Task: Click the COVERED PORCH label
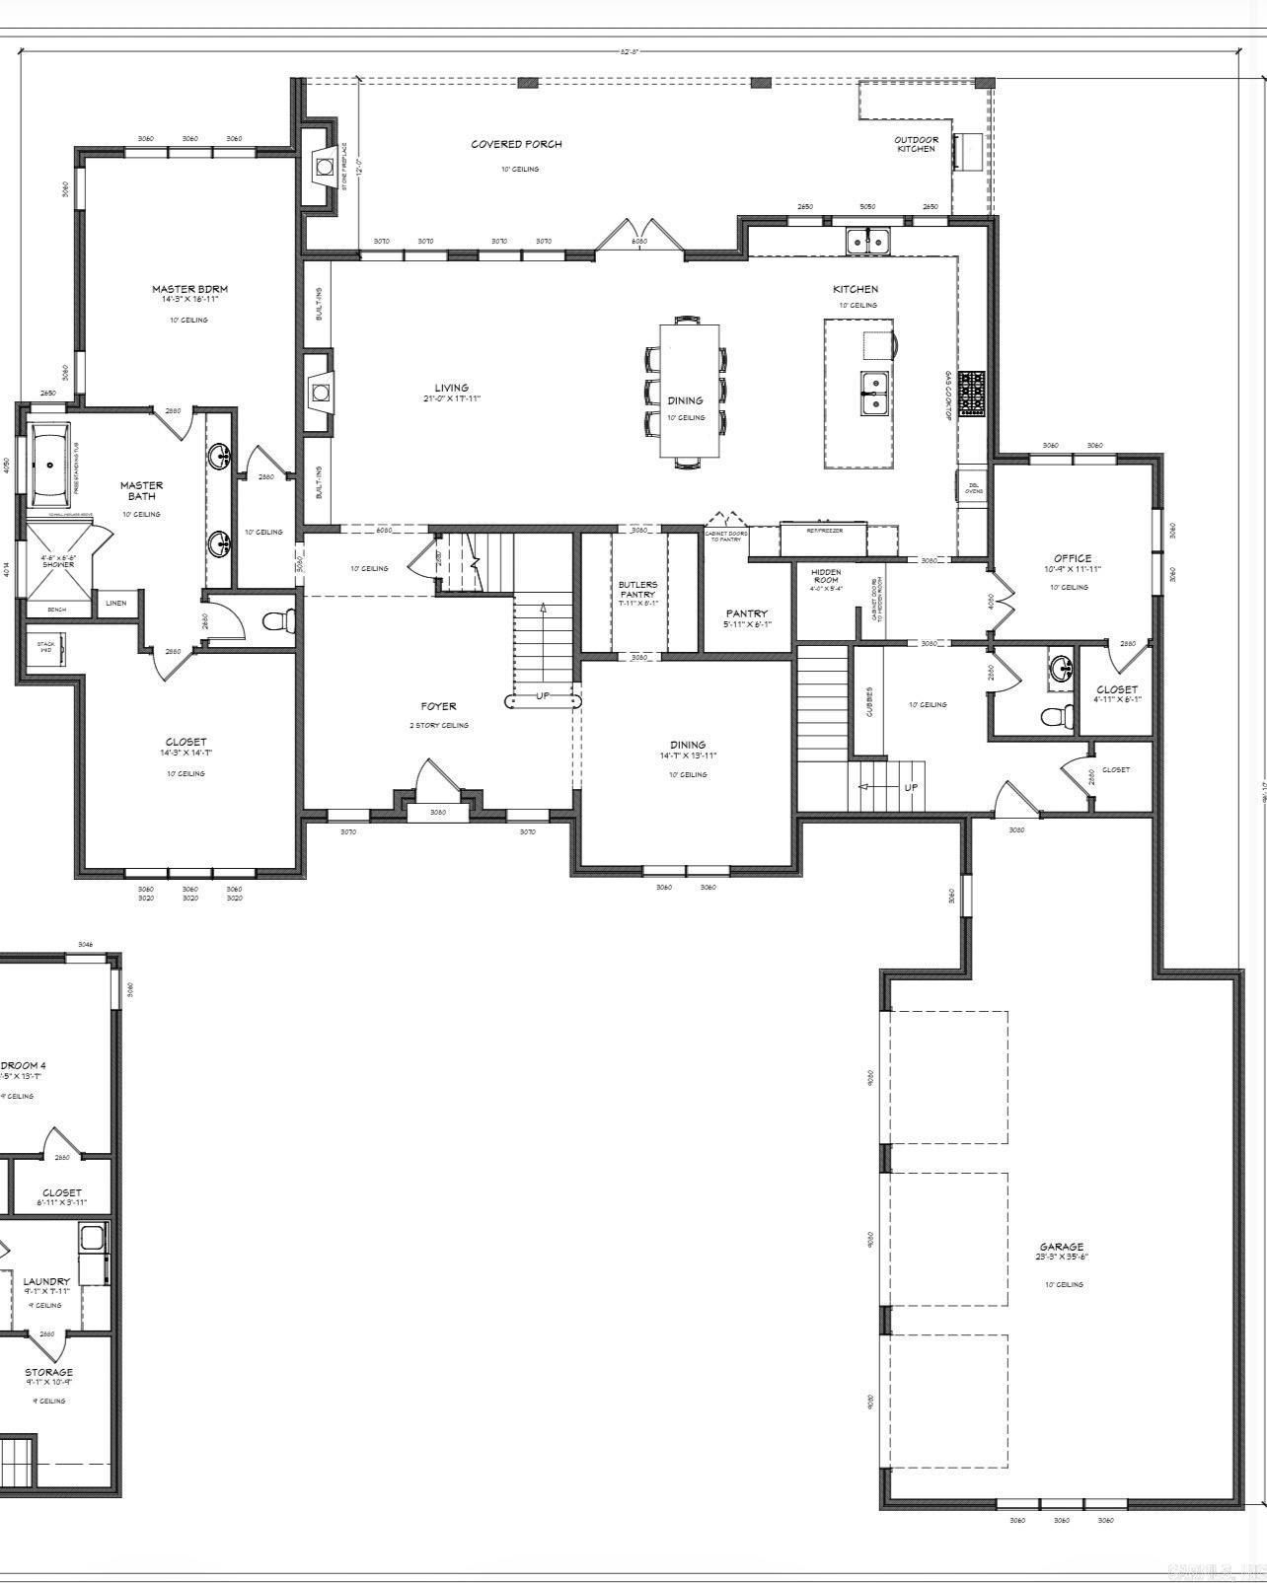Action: [x=516, y=144]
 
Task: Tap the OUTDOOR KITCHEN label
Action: [x=916, y=144]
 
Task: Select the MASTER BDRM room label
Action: [x=189, y=289]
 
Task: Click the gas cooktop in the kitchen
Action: [x=971, y=394]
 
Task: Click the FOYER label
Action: [x=438, y=706]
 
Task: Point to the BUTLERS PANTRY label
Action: [x=637, y=589]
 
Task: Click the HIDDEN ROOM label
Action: [x=826, y=576]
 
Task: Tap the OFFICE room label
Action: [x=1072, y=558]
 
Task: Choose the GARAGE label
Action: [x=1061, y=1247]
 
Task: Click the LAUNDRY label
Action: [x=46, y=1281]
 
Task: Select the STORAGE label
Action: [x=48, y=1372]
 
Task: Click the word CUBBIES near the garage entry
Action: [x=869, y=700]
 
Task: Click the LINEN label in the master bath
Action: [x=115, y=603]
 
